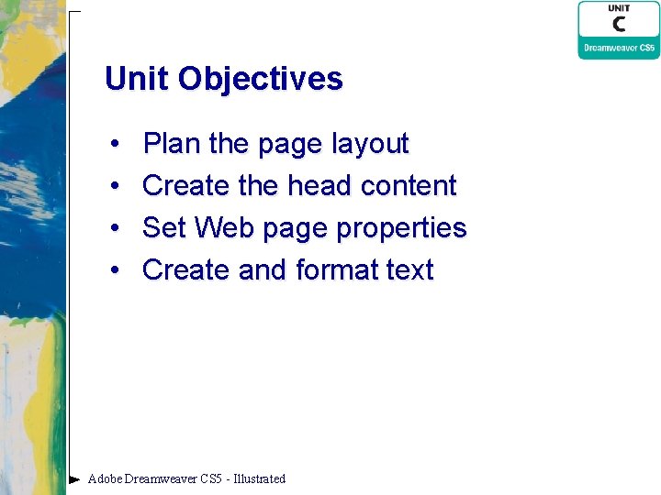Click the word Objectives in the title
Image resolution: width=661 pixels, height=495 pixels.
[x=261, y=80]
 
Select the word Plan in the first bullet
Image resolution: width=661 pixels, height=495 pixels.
[x=172, y=144]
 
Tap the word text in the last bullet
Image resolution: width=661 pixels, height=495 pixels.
[x=409, y=270]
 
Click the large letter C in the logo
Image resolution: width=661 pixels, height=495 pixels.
[x=620, y=24]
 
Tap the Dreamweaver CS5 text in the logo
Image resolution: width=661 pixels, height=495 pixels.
[x=620, y=48]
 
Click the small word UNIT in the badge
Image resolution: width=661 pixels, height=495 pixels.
[x=619, y=8]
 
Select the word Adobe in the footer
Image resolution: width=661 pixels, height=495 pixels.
[x=105, y=478]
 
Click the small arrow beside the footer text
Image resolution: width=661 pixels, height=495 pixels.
[x=74, y=478]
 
